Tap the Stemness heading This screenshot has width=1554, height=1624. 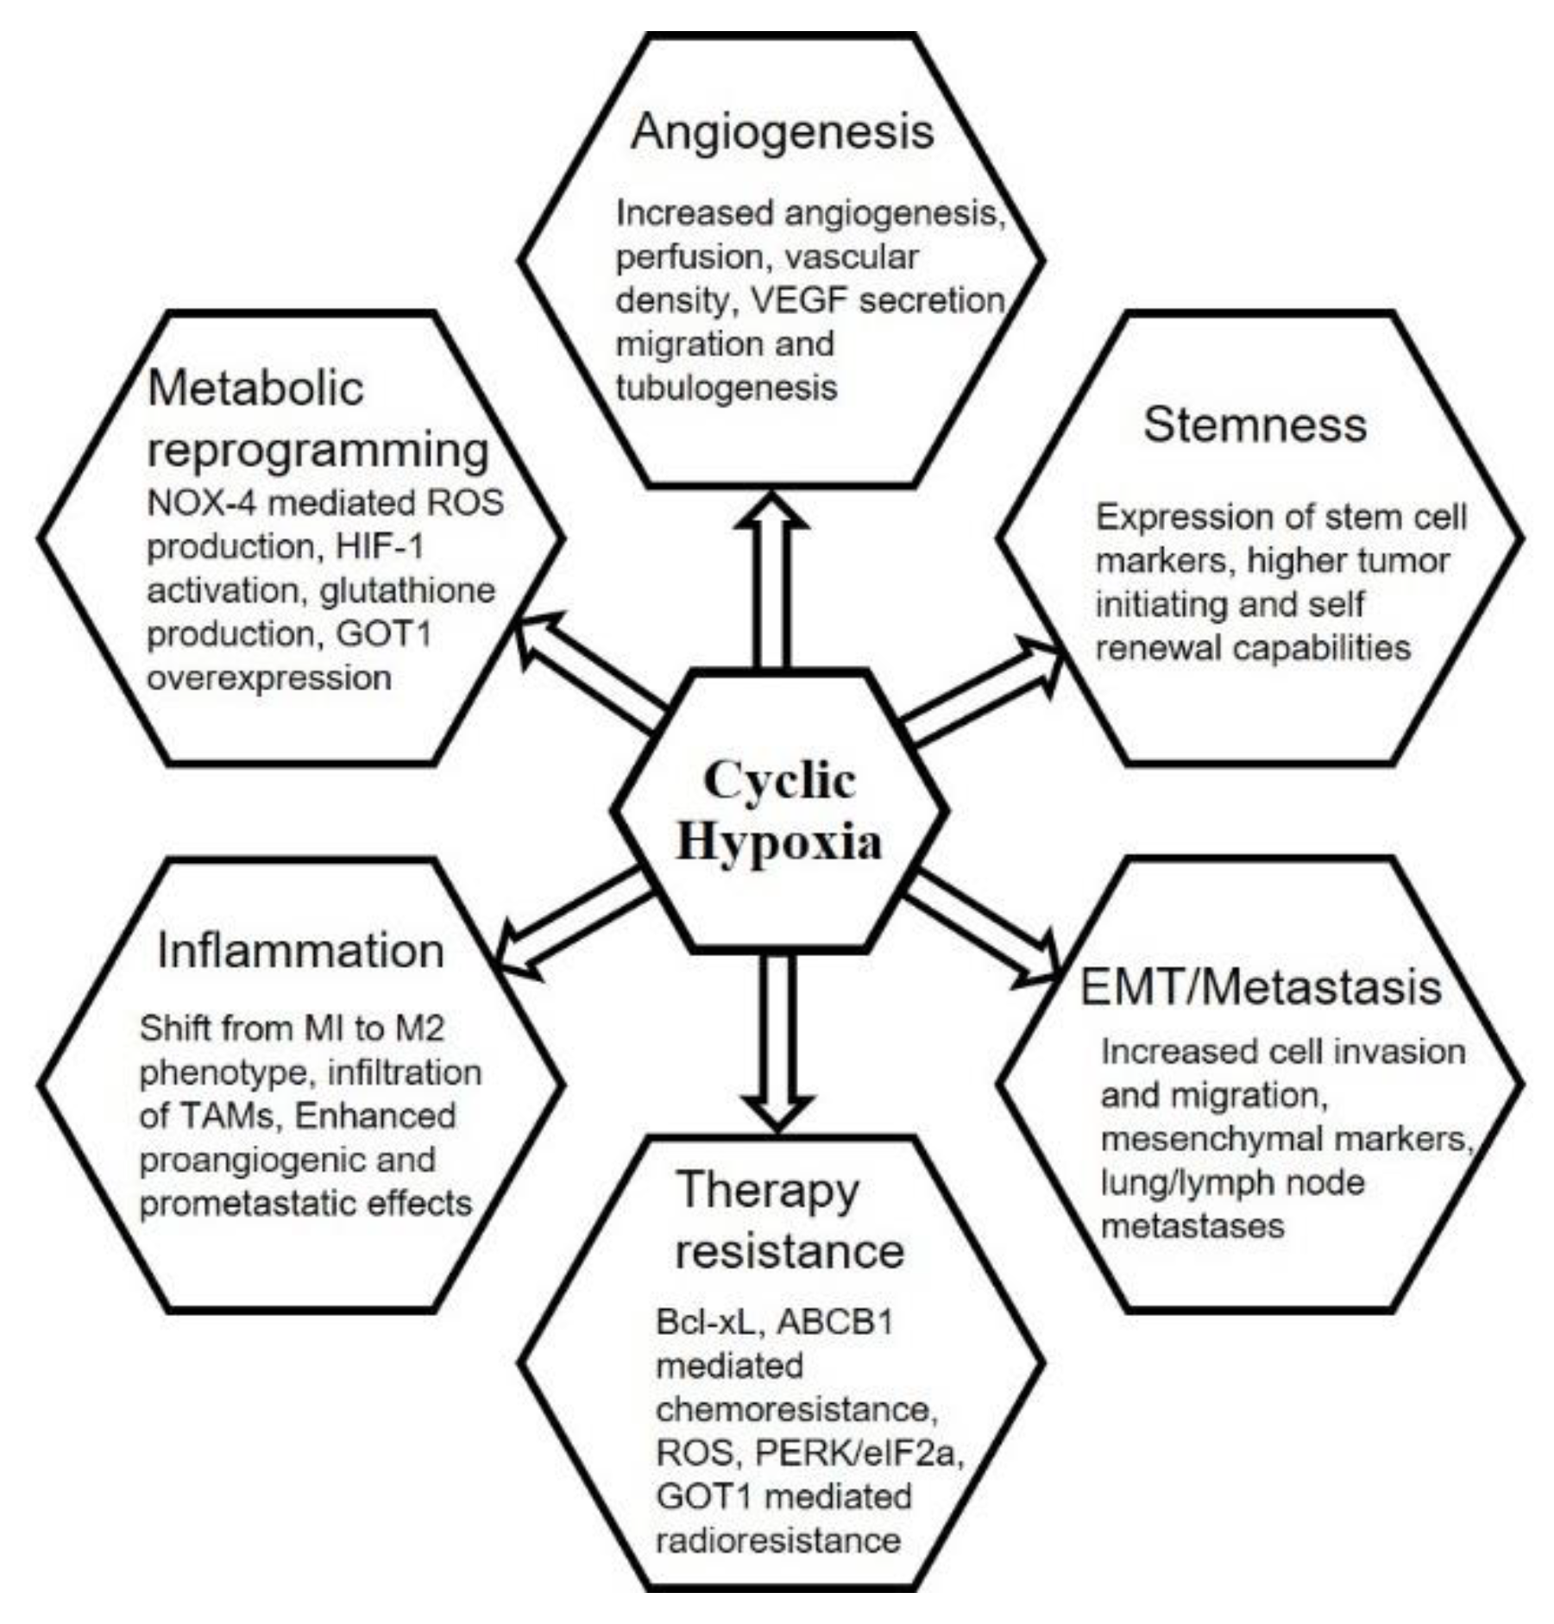point(1254,425)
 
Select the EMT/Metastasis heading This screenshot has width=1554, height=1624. point(1260,987)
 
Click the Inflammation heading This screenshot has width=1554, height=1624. point(300,951)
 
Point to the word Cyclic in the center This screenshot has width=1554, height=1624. point(779,780)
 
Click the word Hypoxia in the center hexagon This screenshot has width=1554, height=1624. point(779,841)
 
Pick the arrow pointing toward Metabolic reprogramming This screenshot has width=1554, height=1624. point(587,669)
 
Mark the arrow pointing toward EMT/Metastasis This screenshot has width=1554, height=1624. point(984,928)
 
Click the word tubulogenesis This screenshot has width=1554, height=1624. point(726,388)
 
